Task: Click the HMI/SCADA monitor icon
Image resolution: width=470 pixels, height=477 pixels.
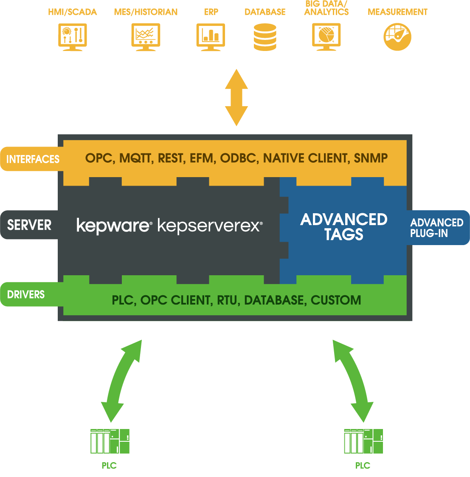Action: pyautogui.click(x=73, y=37)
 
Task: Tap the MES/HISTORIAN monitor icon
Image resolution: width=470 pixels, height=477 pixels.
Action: pyautogui.click(x=146, y=37)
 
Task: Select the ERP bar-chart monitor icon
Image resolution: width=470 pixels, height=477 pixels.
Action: pyautogui.click(x=211, y=37)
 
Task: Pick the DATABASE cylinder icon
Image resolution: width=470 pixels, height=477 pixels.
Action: pyautogui.click(x=265, y=37)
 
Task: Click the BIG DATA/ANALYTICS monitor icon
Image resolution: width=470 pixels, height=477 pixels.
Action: pyautogui.click(x=326, y=37)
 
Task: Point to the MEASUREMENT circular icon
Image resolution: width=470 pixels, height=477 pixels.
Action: pyautogui.click(x=397, y=37)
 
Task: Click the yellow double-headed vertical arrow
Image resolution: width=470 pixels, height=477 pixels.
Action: pyautogui.click(x=236, y=98)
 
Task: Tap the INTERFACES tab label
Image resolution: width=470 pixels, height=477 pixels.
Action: pyautogui.click(x=33, y=159)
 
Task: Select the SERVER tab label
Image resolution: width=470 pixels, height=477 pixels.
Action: pyautogui.click(x=29, y=225)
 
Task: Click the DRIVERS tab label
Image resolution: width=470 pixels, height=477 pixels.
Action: pyautogui.click(x=26, y=294)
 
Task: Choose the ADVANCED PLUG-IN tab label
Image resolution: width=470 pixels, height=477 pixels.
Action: pyautogui.click(x=436, y=228)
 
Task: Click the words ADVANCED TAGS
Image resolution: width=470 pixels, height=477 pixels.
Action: pyautogui.click(x=344, y=226)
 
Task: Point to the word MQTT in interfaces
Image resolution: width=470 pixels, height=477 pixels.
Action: pyautogui.click(x=135, y=158)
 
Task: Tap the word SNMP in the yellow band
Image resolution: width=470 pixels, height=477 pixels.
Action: pyautogui.click(x=371, y=158)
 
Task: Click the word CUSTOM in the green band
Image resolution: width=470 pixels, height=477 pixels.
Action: pyautogui.click(x=336, y=300)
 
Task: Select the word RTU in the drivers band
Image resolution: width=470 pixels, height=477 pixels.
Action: pyautogui.click(x=227, y=300)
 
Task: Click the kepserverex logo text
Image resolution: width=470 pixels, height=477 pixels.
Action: pyautogui.click(x=210, y=226)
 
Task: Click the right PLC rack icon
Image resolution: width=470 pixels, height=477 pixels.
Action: pyautogui.click(x=363, y=441)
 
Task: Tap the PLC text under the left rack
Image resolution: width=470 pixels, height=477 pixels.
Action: pyautogui.click(x=109, y=466)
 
